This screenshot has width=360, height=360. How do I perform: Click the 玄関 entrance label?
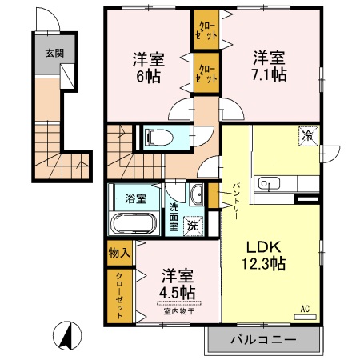pyautogui.click(x=54, y=53)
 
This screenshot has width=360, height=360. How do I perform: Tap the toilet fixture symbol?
pyautogui.click(x=158, y=138)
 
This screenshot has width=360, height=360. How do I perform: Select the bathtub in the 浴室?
pyautogui.click(x=134, y=223)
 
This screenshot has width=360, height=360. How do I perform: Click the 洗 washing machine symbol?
pyautogui.click(x=193, y=226)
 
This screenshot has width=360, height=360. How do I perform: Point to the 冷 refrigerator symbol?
pyautogui.click(x=309, y=136)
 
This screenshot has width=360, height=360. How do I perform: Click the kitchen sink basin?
pyautogui.click(x=269, y=184)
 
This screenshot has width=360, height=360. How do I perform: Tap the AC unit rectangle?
pyautogui.click(x=305, y=317)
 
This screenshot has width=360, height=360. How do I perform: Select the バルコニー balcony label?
pyautogui.click(x=263, y=340)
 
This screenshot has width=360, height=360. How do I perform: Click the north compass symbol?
pyautogui.click(x=67, y=335)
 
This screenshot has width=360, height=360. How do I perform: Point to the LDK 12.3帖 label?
pyautogui.click(x=264, y=255)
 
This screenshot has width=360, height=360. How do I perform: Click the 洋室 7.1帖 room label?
pyautogui.click(x=270, y=66)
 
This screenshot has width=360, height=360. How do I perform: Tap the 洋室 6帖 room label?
pyautogui.click(x=149, y=68)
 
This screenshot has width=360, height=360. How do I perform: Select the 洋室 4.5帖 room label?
pyautogui.click(x=178, y=284)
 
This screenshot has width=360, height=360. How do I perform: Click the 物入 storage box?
pyautogui.click(x=120, y=253)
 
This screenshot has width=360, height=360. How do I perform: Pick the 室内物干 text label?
pyautogui.click(x=179, y=311)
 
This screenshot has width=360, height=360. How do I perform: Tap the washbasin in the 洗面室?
pyautogui.click(x=197, y=194)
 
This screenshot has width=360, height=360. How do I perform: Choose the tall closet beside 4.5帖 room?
pyautogui.click(x=120, y=296)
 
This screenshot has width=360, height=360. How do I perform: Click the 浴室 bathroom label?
pyautogui.click(x=136, y=198)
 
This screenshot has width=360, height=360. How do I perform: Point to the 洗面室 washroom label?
pyautogui.click(x=174, y=217)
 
